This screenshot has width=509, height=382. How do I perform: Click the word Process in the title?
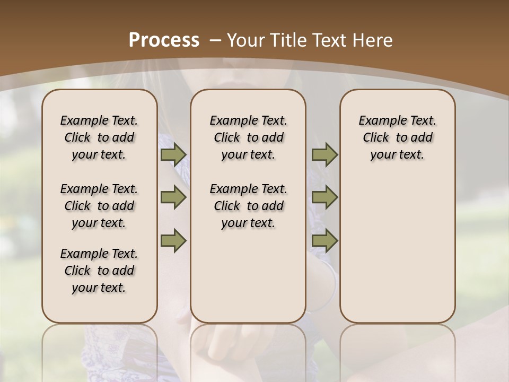pyautogui.click(x=164, y=40)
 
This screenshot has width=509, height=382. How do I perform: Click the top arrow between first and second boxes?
pyautogui.click(x=173, y=154)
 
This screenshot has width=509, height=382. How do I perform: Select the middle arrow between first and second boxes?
pyautogui.click(x=173, y=198)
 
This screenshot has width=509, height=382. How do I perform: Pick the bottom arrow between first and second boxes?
pyautogui.click(x=173, y=241)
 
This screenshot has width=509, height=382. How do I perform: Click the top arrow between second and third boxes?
pyautogui.click(x=324, y=154)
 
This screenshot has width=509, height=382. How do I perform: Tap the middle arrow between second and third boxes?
pyautogui.click(x=324, y=198)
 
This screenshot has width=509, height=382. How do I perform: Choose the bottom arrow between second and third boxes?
pyautogui.click(x=324, y=241)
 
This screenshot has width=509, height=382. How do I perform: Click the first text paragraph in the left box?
pyautogui.click(x=99, y=137)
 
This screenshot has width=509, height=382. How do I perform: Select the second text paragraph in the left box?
pyautogui.click(x=99, y=206)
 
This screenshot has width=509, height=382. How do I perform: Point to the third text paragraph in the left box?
pyautogui.click(x=99, y=271)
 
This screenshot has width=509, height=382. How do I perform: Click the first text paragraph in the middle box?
pyautogui.click(x=248, y=137)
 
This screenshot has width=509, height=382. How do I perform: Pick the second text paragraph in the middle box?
pyautogui.click(x=248, y=206)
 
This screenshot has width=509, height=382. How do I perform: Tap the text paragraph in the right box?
pyautogui.click(x=398, y=137)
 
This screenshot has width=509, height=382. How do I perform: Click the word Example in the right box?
pyautogui.click(x=379, y=121)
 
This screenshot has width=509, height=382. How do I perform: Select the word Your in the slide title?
pyautogui.click(x=245, y=40)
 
